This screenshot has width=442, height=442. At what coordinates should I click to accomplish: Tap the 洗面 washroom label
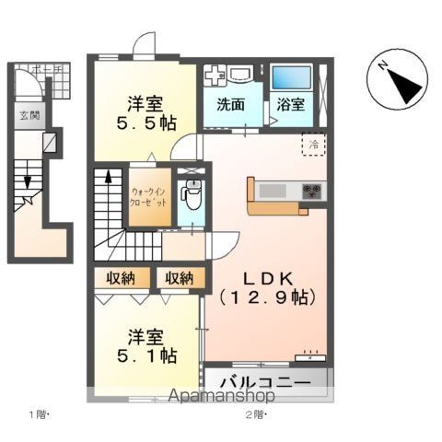coord(230,105)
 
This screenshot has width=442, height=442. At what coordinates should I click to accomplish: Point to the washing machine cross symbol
coord(213,76)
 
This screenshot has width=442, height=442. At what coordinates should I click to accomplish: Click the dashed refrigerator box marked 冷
coord(313,144)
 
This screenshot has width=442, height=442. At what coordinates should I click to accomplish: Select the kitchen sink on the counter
coord(273,192)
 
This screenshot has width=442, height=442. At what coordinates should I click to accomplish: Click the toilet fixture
coord(192,196)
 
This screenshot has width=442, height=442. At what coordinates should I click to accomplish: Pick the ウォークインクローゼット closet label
coord(148,194)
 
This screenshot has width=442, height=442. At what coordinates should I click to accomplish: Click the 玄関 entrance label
coord(29,115)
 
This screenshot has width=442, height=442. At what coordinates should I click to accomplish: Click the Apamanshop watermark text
coord(220,397)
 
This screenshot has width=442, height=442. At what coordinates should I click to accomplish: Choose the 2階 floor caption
coord(254,414)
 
